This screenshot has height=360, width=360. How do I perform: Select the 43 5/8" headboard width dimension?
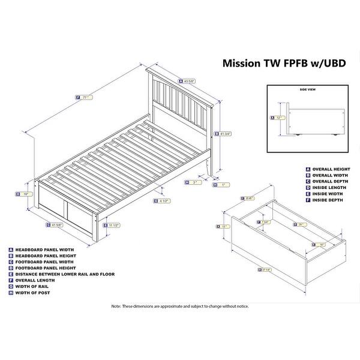[188, 82]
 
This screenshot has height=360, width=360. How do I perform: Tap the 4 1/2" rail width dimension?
[162, 201]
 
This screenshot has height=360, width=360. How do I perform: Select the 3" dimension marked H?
[193, 182]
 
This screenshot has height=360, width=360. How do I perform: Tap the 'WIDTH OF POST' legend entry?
[37, 292]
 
